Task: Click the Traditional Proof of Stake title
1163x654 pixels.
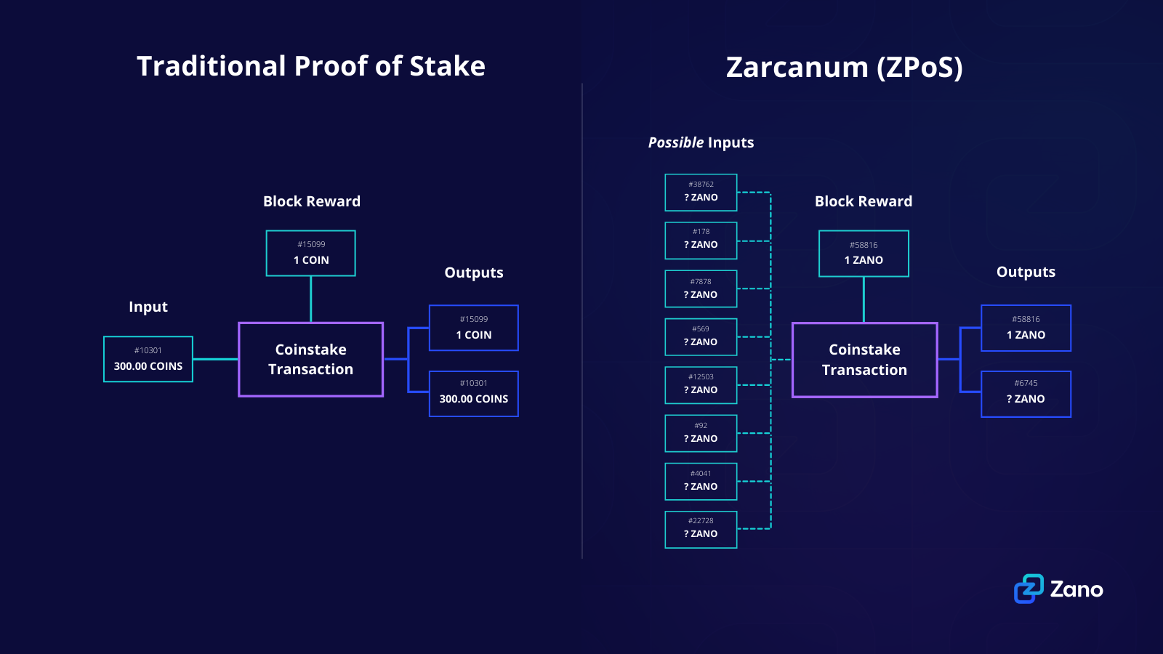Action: pyautogui.click(x=311, y=66)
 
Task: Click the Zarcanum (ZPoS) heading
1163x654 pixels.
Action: pyautogui.click(x=844, y=68)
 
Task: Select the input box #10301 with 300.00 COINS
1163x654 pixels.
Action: pyautogui.click(x=148, y=359)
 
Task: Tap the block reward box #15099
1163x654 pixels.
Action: pyautogui.click(x=311, y=253)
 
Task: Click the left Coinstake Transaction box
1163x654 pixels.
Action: pyautogui.click(x=311, y=360)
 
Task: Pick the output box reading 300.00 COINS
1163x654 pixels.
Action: pyautogui.click(x=474, y=394)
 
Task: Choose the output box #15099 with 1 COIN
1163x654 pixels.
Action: pyautogui.click(x=474, y=328)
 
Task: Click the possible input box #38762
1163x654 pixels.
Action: pyautogui.click(x=701, y=193)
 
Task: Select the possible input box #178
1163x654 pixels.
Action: pyautogui.click(x=701, y=241)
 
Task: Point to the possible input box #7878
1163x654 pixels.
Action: pyautogui.click(x=701, y=289)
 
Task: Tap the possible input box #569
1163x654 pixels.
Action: pyautogui.click(x=701, y=337)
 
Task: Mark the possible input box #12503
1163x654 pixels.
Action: pyautogui.click(x=701, y=385)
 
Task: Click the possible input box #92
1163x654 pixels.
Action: pyautogui.click(x=701, y=433)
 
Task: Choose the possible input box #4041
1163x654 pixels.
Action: pyautogui.click(x=701, y=481)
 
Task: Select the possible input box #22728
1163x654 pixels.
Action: pyautogui.click(x=701, y=529)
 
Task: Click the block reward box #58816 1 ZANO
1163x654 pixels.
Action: pyautogui.click(x=864, y=254)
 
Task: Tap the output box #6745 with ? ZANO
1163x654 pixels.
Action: pyautogui.click(x=1026, y=394)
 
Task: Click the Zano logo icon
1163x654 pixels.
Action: pyautogui.click(x=1029, y=589)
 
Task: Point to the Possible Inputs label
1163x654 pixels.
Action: pyautogui.click(x=701, y=142)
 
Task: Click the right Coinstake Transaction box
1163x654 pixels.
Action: pyautogui.click(x=864, y=360)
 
